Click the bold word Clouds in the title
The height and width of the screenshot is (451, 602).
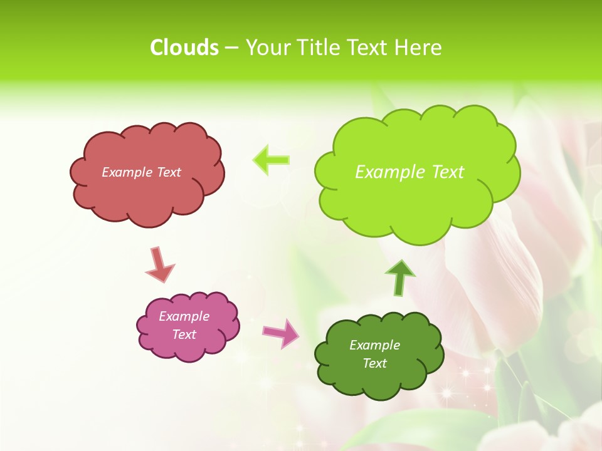(x=184, y=48)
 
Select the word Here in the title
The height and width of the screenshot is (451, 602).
(x=419, y=48)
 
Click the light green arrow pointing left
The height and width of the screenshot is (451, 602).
(x=271, y=160)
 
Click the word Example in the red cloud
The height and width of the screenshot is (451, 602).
(x=126, y=172)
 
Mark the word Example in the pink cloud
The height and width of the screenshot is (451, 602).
(x=184, y=316)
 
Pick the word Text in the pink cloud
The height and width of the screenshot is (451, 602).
(x=184, y=334)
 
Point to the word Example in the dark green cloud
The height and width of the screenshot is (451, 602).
(x=374, y=345)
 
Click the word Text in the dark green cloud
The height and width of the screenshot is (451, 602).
(x=374, y=363)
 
